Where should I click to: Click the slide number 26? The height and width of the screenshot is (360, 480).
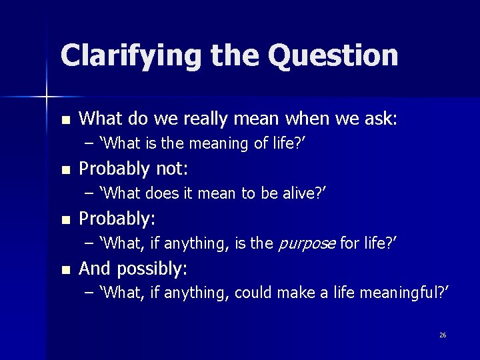click(443, 335)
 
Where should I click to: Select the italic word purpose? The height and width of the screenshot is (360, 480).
click(306, 243)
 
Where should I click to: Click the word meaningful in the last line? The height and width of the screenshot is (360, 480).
click(407, 293)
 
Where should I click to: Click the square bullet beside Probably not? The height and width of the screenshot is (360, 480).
click(65, 170)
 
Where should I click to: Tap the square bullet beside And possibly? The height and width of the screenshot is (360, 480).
click(65, 270)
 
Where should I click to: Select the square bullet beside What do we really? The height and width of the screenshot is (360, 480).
click(65, 121)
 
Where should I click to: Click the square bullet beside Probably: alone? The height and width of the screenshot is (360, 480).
click(65, 220)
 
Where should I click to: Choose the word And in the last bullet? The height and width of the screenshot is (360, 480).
click(93, 269)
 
